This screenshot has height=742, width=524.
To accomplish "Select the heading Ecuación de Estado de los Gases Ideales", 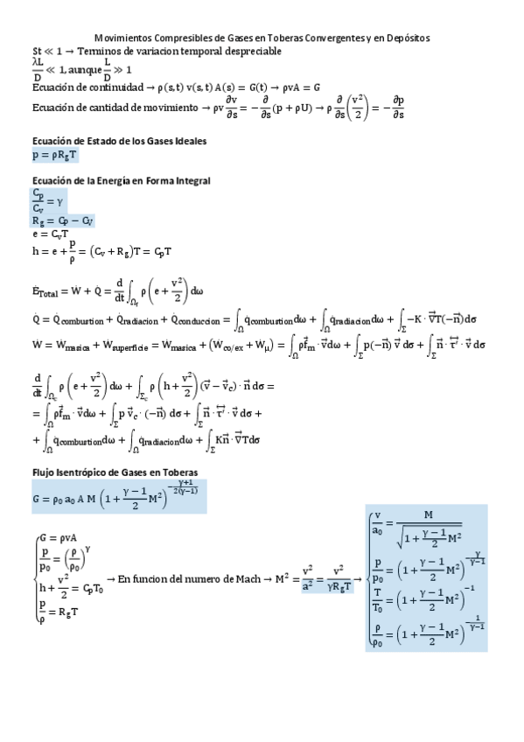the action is [119, 142].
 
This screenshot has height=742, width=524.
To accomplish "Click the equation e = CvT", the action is [52, 235].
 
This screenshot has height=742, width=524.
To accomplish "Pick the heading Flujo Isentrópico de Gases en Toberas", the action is [115, 472].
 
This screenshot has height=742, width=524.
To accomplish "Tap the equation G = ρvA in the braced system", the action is [58, 536].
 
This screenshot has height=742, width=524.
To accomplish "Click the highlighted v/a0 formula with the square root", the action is [427, 533].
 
